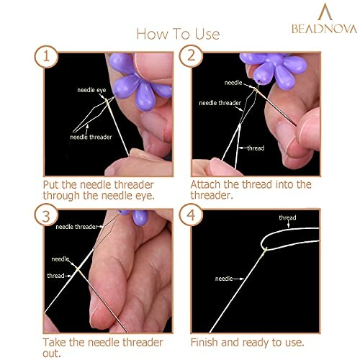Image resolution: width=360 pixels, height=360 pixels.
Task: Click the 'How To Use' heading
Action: pos(179,34)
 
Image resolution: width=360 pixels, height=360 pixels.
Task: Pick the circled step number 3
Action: pos(50,217)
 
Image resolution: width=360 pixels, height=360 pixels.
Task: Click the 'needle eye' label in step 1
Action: pos(94,90)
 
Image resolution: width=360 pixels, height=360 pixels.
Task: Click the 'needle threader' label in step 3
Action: pos(76,226)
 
